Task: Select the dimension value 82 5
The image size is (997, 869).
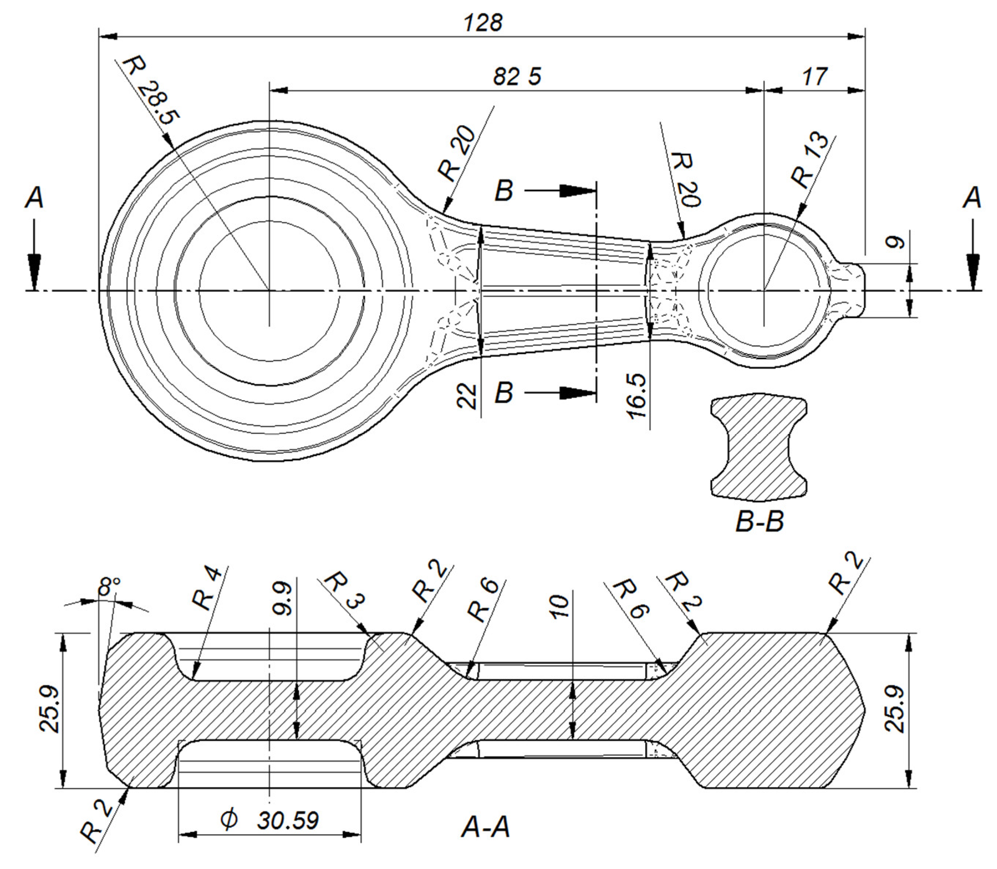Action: (516, 77)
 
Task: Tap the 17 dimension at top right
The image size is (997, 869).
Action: (814, 77)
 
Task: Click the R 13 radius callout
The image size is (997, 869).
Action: (809, 160)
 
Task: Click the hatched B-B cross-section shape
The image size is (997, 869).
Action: (759, 449)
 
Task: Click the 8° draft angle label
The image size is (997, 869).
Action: (109, 589)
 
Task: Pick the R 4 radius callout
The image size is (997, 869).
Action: (208, 589)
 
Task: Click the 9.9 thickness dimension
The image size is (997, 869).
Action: (283, 600)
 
